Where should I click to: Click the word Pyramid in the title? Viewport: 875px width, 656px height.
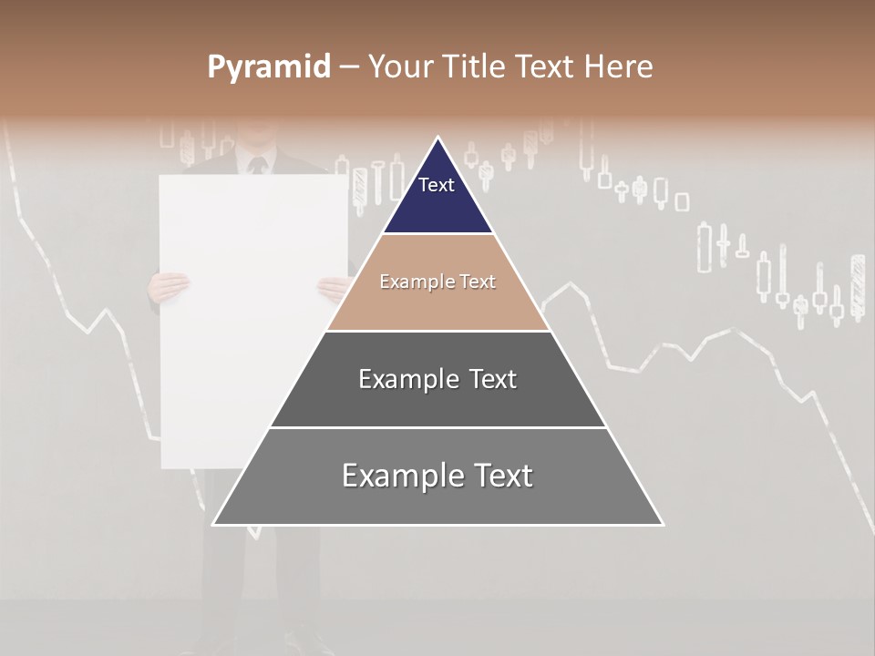tap(268, 67)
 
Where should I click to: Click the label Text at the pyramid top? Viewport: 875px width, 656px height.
tap(437, 185)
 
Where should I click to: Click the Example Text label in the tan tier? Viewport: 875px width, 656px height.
tap(437, 282)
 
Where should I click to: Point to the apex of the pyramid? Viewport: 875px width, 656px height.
tap(438, 138)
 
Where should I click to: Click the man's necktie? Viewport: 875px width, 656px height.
tap(257, 166)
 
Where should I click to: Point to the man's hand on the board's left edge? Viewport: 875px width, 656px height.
tap(170, 287)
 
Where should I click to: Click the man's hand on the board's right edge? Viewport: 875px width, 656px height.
tap(334, 288)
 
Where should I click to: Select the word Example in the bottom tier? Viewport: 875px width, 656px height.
tap(401, 476)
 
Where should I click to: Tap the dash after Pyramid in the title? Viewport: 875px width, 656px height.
tap(348, 67)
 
